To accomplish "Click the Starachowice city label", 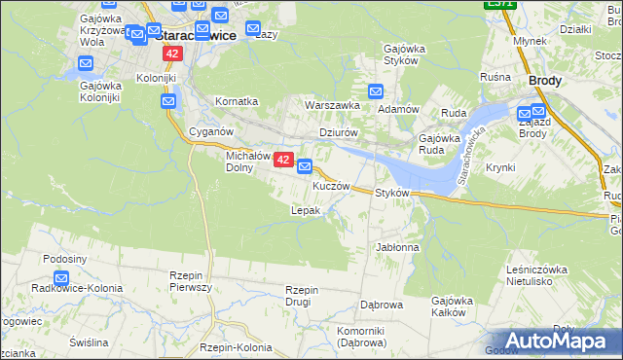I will (197, 34).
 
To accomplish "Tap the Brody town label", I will (545, 82).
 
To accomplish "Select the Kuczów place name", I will (331, 186).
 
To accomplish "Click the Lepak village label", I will (306, 210).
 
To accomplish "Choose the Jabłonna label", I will (397, 248).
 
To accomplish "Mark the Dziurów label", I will (340, 133).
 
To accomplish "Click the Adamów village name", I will (397, 109).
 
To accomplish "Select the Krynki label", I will (499, 168).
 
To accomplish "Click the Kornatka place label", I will (237, 101).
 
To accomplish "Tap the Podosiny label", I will (67, 259).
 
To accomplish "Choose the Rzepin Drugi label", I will (303, 296).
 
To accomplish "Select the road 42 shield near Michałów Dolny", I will (283, 160).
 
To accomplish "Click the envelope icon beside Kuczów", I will (305, 166).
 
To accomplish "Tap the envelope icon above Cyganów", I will (168, 100).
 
